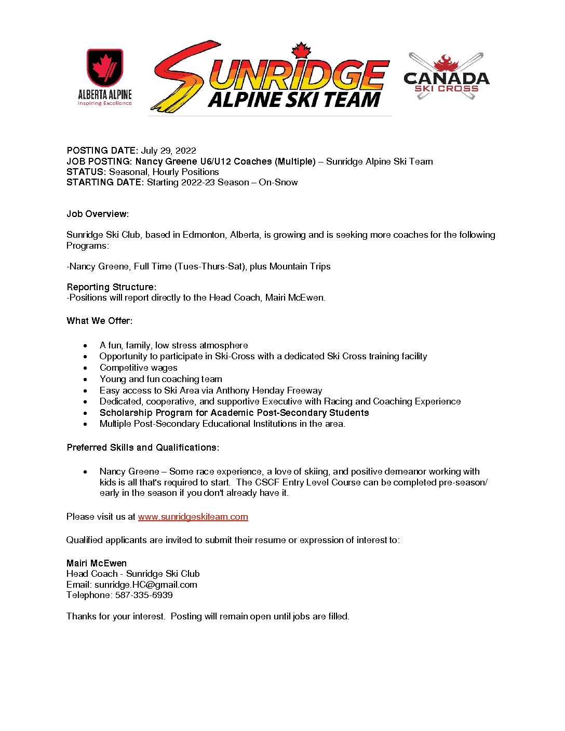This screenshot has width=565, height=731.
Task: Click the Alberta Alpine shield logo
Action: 105,68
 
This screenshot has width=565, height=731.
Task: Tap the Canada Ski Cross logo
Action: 446,76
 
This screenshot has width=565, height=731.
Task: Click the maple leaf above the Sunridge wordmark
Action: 301,51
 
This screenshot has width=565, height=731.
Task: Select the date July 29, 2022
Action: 169,151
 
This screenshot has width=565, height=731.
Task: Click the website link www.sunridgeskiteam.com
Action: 193,517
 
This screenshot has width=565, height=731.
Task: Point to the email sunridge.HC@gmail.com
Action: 145,585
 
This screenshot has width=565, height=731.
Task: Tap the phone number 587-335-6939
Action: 144,595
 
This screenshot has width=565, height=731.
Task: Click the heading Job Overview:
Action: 98,214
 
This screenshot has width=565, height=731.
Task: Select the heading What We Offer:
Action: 99,321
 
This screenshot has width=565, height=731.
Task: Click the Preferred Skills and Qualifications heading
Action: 143,448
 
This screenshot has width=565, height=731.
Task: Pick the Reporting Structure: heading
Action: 111,287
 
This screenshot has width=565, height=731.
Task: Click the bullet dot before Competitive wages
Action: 86,368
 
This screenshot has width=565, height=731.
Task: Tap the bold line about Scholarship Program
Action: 234,413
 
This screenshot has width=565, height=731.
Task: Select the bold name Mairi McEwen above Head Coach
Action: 97,563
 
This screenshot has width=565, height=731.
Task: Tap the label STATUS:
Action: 86,172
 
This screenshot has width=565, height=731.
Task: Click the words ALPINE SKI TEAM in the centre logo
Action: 294,100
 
